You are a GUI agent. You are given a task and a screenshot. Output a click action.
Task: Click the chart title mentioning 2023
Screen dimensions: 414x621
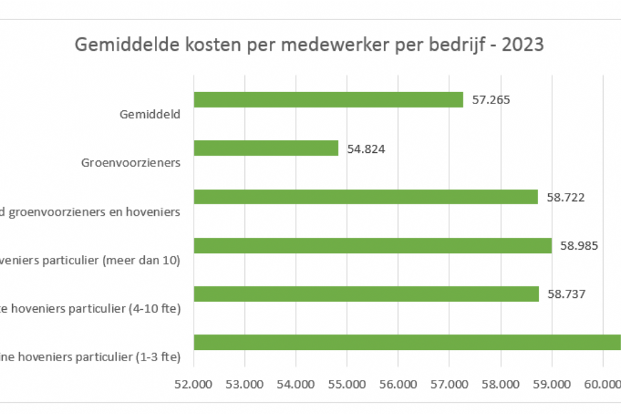click(x=309, y=45)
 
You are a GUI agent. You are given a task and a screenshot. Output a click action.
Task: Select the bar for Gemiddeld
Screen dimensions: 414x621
click(x=328, y=99)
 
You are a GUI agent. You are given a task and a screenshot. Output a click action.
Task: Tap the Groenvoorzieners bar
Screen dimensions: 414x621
click(x=266, y=148)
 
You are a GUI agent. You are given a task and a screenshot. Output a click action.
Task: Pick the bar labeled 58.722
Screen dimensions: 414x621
click(x=365, y=197)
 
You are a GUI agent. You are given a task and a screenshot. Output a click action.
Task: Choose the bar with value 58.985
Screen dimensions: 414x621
click(x=373, y=246)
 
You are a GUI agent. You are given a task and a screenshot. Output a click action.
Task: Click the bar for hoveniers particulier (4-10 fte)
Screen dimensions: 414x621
click(x=366, y=294)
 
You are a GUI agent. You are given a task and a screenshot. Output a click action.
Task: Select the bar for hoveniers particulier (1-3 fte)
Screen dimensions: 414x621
click(x=407, y=343)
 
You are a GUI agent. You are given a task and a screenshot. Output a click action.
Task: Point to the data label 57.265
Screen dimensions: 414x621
click(x=491, y=100)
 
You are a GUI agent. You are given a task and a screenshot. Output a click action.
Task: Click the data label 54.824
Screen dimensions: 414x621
click(x=366, y=149)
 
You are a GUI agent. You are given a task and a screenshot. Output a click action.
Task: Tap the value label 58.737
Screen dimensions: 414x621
click(x=566, y=294)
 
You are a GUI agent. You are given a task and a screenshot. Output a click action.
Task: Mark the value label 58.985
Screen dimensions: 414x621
click(x=579, y=246)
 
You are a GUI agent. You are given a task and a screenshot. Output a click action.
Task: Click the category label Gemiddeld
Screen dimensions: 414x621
click(x=150, y=114)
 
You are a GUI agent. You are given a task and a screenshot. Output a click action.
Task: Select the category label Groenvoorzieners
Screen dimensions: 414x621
click(x=131, y=162)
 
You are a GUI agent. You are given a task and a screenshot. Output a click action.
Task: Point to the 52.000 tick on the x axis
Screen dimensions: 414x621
click(x=194, y=384)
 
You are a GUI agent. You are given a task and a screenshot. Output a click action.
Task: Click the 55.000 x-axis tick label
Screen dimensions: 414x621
click(x=347, y=384)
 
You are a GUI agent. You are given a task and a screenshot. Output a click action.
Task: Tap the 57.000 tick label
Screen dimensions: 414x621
click(x=449, y=384)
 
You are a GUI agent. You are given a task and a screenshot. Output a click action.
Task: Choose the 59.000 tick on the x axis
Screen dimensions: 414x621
click(x=552, y=384)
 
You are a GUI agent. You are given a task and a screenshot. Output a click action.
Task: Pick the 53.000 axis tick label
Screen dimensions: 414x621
click(x=245, y=384)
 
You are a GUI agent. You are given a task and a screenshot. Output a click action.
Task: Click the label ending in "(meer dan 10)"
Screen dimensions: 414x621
click(x=90, y=260)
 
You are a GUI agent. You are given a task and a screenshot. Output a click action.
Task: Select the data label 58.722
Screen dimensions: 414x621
click(x=566, y=198)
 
